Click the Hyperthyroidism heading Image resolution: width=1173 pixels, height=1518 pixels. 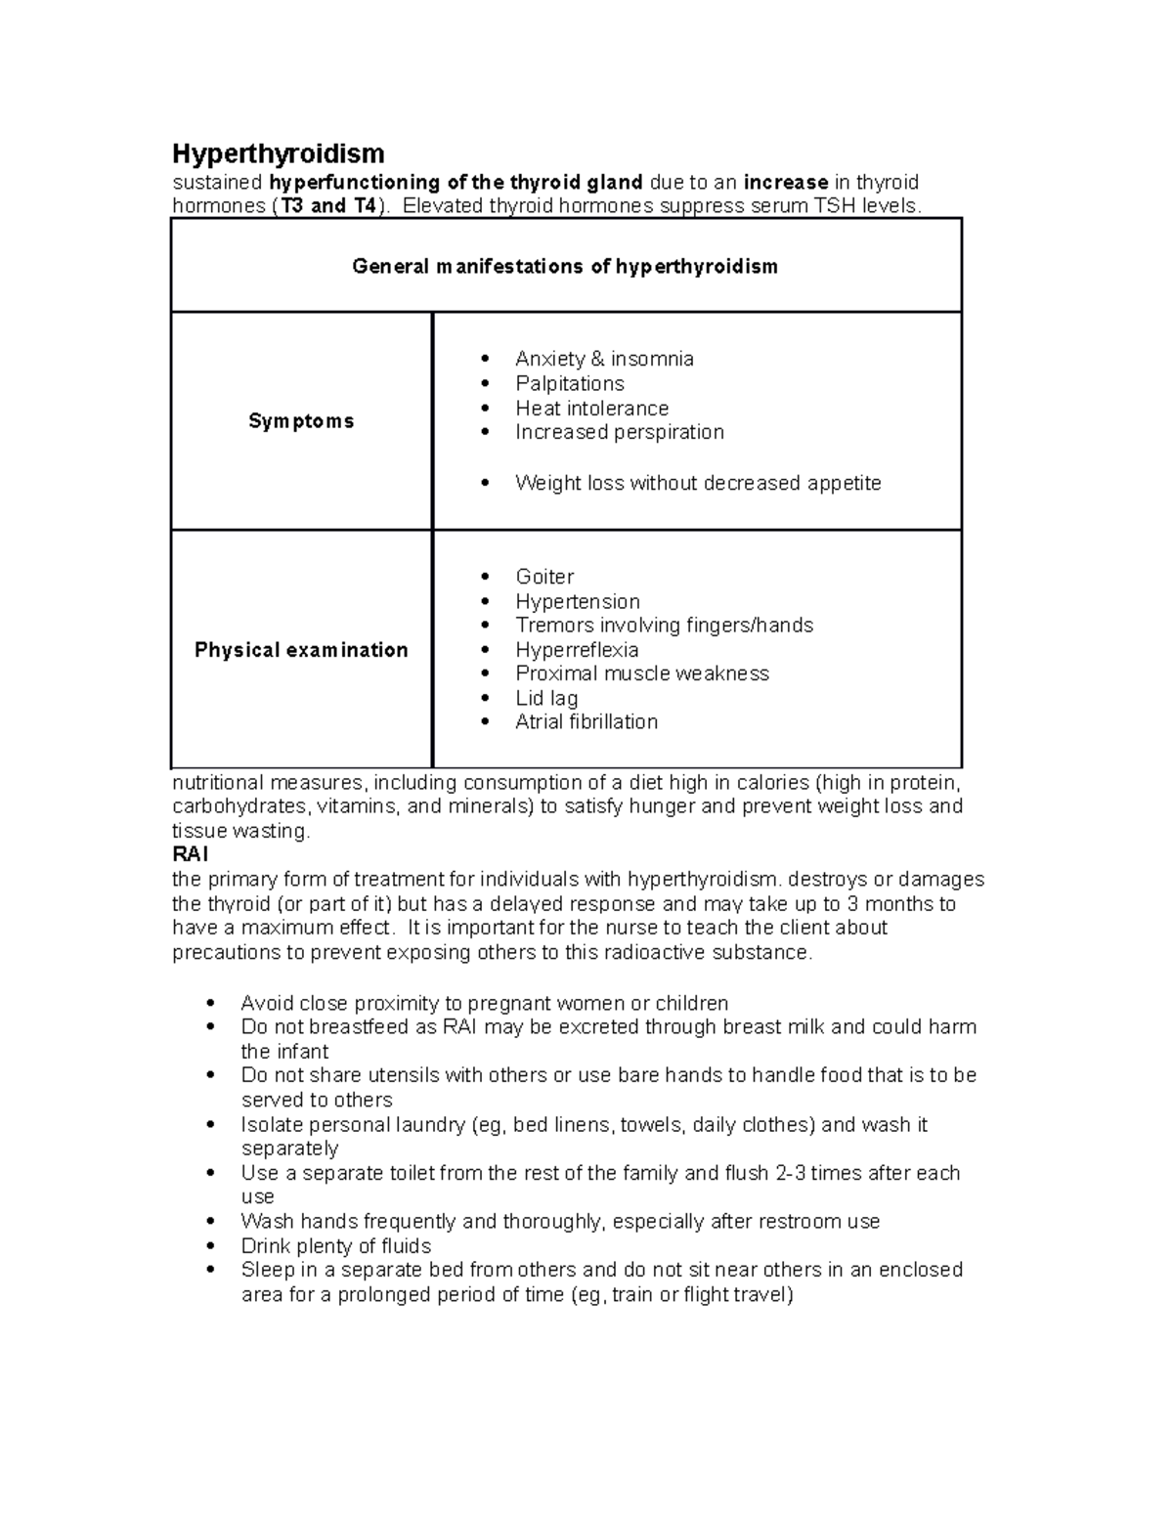click(279, 153)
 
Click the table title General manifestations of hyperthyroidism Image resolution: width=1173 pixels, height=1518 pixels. click(565, 266)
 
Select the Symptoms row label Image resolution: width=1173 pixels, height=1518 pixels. click(301, 421)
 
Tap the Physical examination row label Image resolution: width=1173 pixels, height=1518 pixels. click(301, 650)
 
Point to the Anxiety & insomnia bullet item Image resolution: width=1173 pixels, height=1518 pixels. click(604, 359)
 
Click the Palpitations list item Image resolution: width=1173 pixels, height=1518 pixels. click(570, 383)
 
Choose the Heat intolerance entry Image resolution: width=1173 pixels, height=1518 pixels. click(591, 408)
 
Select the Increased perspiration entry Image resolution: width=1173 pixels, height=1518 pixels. click(620, 432)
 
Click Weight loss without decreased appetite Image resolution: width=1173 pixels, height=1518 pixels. click(698, 483)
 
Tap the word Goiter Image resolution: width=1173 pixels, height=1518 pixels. click(544, 577)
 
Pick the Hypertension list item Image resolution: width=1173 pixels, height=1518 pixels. click(578, 601)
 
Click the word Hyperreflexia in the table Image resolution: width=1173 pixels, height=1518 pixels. click(577, 650)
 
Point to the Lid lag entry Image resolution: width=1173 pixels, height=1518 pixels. click(546, 698)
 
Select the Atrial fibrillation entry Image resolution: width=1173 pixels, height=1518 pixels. click(586, 722)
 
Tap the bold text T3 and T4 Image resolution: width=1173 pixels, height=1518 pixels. click(326, 206)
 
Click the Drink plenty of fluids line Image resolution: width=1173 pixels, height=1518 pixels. click(336, 1246)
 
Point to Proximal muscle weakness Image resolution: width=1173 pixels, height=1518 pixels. click(642, 673)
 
